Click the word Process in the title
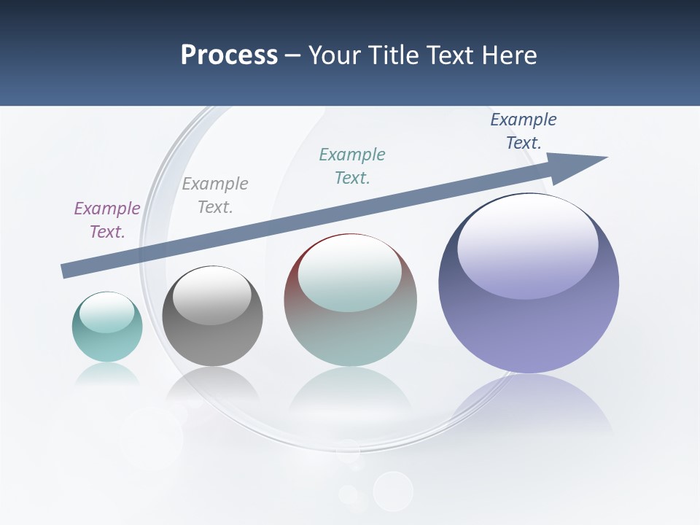click(229, 55)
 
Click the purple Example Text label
click(107, 220)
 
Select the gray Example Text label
click(215, 195)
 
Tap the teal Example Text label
click(352, 166)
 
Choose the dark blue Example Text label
click(524, 131)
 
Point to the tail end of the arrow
click(67, 271)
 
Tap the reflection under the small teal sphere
click(107, 376)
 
